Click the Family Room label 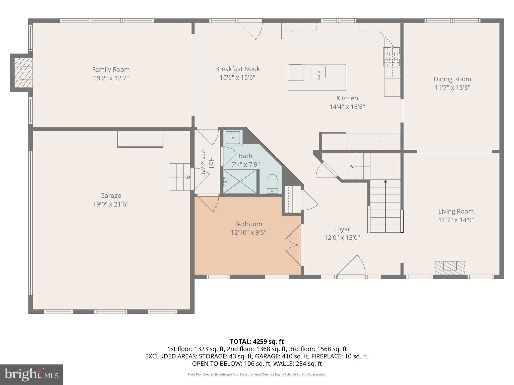(111, 69)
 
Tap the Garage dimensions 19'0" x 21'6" (110, 204)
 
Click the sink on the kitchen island (318, 72)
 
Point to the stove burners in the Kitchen (391, 57)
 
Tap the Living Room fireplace (450, 268)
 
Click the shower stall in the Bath (240, 181)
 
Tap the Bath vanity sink (233, 137)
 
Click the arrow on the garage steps (180, 177)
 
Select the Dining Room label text (452, 79)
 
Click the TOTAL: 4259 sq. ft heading (257, 341)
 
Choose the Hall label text (212, 162)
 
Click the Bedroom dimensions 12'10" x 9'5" (248, 232)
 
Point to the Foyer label (342, 229)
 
